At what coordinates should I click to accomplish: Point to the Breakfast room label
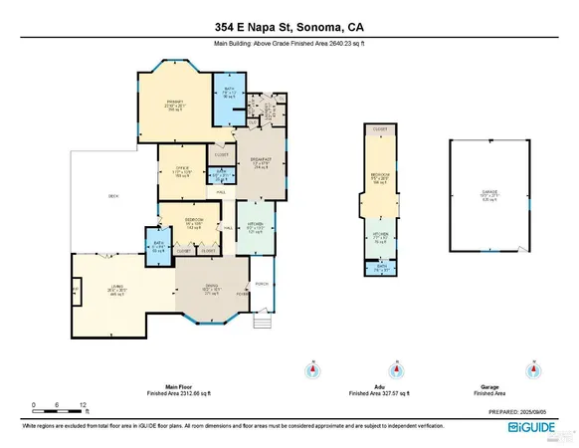261,162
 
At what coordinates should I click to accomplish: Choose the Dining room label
211,290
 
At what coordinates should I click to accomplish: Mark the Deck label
113,197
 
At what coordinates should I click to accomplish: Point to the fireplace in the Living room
75,292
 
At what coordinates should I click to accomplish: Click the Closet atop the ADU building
380,130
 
